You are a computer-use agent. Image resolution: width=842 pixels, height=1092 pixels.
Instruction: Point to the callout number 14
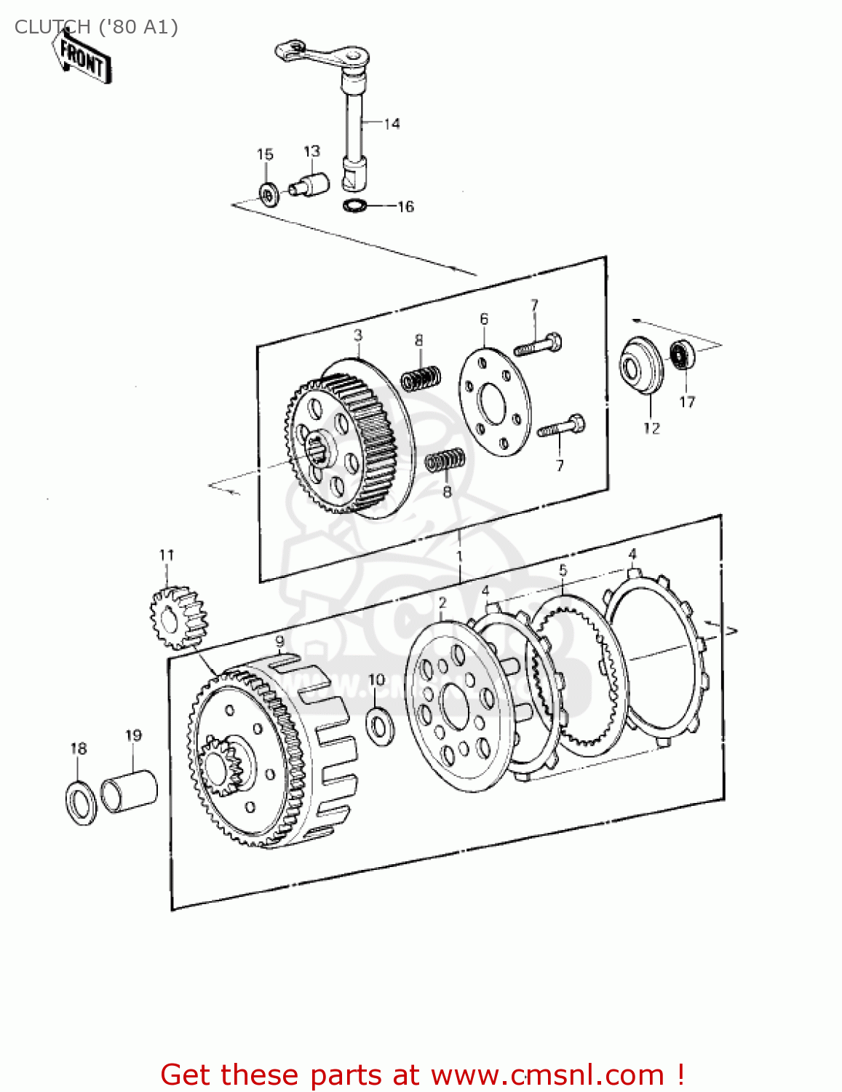click(392, 124)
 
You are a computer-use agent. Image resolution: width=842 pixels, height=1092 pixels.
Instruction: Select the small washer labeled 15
click(268, 194)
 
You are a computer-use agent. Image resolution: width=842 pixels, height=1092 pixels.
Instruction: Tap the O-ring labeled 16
click(354, 205)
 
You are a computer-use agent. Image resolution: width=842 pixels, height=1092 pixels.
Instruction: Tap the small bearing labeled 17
click(683, 355)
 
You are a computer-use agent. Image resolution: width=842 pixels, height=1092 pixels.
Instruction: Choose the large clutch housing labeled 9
click(269, 757)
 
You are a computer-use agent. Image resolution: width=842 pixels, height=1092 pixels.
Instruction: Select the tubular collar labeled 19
click(130, 791)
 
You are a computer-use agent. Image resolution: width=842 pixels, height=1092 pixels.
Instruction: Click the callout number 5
click(563, 570)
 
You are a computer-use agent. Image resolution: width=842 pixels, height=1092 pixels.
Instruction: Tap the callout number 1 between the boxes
click(459, 557)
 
